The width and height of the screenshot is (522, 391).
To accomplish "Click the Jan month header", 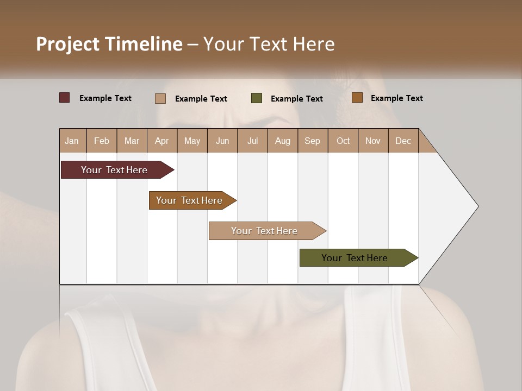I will (x=72, y=141).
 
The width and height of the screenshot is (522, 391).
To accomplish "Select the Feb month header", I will (x=102, y=141).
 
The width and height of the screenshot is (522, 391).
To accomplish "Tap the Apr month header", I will (x=161, y=141).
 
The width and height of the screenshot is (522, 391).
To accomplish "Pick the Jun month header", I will (x=222, y=141).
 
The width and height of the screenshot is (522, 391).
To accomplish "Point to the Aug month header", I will (x=282, y=141).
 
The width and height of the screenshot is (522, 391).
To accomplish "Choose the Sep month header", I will (x=312, y=141).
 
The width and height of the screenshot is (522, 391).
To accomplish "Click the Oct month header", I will (x=343, y=141).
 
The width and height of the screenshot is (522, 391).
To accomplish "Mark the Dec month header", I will (x=403, y=141).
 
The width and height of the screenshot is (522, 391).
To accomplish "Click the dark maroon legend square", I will (x=65, y=98).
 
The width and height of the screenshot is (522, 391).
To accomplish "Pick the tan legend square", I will (x=160, y=98).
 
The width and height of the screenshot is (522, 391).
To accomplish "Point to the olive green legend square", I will (x=257, y=98).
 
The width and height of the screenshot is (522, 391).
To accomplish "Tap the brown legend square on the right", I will (x=357, y=98).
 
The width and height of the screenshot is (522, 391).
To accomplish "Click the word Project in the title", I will (x=68, y=44).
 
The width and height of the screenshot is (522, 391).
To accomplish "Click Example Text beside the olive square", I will (x=296, y=99).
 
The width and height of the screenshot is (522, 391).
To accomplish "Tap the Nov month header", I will (x=373, y=141).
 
